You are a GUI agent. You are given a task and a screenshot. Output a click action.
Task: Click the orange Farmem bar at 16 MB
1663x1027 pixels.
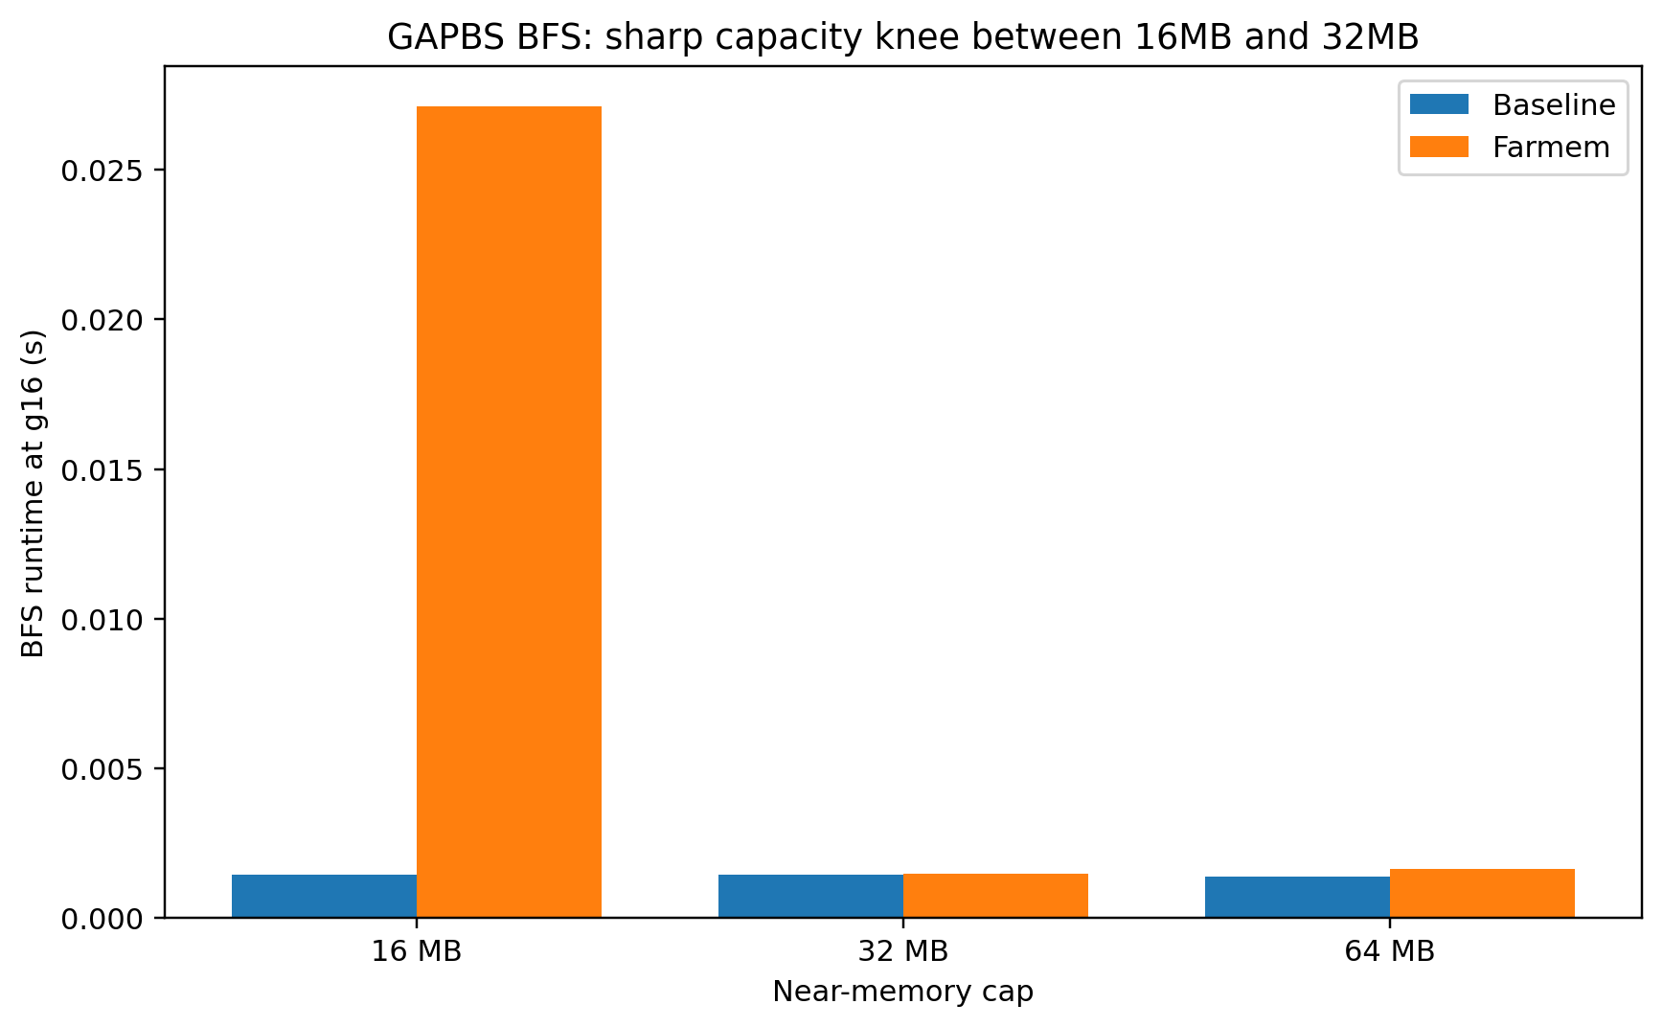509,512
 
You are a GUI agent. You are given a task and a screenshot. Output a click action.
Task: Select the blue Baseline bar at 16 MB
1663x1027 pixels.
324,896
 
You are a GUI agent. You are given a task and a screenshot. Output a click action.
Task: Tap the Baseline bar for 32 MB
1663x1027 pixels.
810,896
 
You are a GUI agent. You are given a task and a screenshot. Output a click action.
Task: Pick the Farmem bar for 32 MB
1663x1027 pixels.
995,895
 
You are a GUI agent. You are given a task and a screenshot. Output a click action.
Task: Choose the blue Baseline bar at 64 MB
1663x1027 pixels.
1297,897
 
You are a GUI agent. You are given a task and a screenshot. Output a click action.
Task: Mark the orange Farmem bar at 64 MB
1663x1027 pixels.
1482,893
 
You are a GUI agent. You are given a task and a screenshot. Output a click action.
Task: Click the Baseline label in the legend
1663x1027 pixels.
1554,104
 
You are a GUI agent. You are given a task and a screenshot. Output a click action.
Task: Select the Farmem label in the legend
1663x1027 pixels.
1551,147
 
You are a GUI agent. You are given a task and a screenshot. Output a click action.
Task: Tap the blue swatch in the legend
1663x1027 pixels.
1439,104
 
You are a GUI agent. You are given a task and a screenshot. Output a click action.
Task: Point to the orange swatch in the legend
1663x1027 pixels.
1439,147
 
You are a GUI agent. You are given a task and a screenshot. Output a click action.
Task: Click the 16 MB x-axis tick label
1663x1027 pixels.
417,952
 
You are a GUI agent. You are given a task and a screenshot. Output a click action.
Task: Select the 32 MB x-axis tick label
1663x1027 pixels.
903,952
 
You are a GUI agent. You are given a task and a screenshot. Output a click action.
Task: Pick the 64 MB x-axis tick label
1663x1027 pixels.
1389,952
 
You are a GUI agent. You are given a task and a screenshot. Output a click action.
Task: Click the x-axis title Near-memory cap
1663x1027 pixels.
903,992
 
